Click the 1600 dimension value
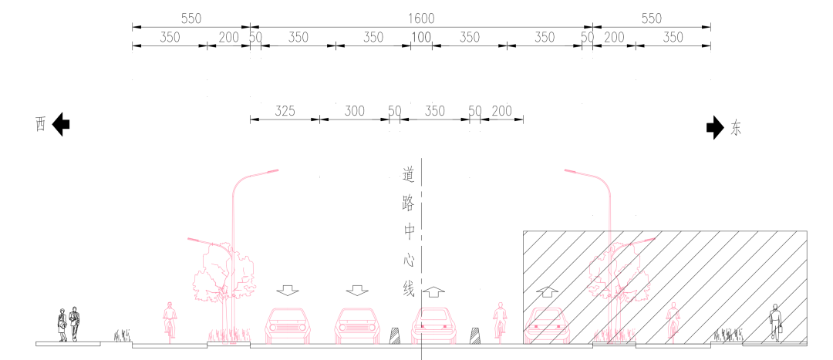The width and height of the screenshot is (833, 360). (421, 19)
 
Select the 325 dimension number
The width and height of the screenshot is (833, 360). (285, 111)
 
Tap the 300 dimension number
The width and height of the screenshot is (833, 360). (354, 111)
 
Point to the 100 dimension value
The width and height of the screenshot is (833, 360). (421, 38)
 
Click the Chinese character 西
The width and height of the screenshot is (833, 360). (40, 125)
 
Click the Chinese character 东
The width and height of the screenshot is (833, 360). (735, 129)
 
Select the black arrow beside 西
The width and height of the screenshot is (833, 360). (61, 124)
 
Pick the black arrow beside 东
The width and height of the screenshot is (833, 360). (714, 127)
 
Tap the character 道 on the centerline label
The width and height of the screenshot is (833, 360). (408, 175)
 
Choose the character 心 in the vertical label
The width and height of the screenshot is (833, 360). (408, 261)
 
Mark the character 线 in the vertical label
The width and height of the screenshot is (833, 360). (408, 290)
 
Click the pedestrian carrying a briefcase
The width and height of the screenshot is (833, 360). (776, 323)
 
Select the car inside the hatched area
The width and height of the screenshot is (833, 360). (547, 325)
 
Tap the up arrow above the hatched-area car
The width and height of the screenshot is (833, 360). (547, 291)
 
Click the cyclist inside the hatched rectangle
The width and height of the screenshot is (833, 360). (673, 321)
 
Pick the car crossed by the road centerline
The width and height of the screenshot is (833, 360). (434, 325)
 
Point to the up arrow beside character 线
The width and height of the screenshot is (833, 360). (434, 291)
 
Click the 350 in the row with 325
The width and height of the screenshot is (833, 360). (434, 111)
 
